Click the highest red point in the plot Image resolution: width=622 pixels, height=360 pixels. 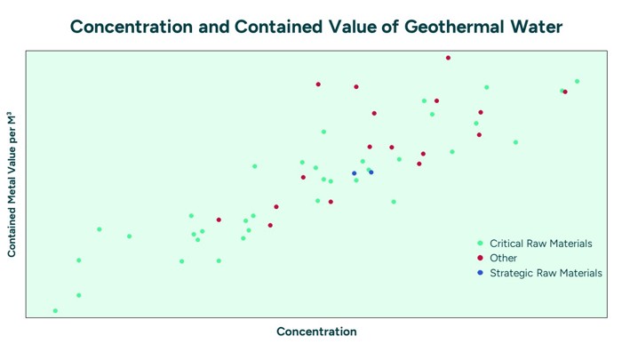point(448,58)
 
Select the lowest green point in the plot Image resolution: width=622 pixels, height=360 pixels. point(55,311)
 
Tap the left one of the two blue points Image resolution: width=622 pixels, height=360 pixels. point(354,173)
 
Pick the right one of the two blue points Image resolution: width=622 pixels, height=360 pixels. point(371,172)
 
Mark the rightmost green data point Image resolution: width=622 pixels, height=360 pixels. point(577,82)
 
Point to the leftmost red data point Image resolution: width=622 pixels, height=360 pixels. point(219,220)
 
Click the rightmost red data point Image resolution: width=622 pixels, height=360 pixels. point(565,92)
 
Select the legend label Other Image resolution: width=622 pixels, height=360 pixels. point(503,258)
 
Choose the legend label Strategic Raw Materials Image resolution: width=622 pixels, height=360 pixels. point(546,273)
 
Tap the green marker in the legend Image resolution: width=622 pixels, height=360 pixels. point(480,243)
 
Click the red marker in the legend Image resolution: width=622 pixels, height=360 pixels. point(480,258)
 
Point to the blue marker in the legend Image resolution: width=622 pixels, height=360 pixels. point(480,273)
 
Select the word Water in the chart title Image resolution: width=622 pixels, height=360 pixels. point(534,28)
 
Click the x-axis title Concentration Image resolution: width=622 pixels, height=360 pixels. point(316,332)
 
